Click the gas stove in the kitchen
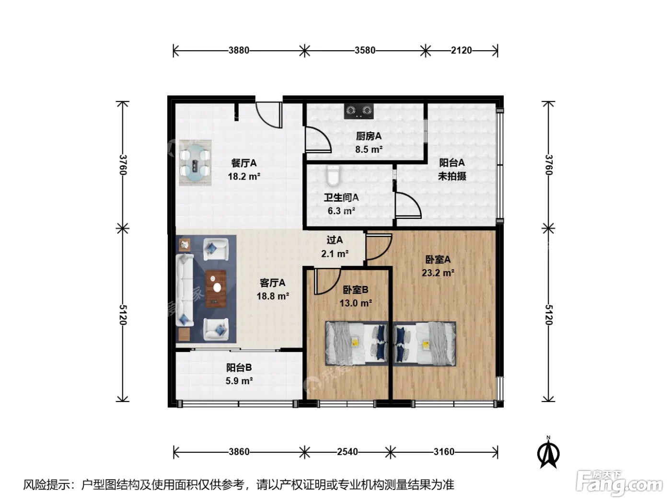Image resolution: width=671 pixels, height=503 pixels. pos(359,111)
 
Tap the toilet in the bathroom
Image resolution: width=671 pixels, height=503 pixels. pos(333,176)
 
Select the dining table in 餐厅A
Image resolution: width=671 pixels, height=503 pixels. pos(195,162)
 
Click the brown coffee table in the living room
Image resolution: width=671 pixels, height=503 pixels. pos(216,288)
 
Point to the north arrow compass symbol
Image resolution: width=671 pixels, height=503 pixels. pos(548,453)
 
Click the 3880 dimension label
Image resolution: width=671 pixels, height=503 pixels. pos(239,50)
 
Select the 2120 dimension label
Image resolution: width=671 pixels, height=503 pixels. pos(461,50)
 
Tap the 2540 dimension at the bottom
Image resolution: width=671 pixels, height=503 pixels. pos(347,452)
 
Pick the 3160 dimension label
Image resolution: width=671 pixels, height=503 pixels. pos(444,452)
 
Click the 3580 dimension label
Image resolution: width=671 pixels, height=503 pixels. pos(365,50)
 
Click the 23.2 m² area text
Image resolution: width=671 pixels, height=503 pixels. pos(438,273)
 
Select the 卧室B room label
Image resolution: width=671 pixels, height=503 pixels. pos(356,289)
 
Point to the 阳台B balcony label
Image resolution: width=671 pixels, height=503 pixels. pos(239,367)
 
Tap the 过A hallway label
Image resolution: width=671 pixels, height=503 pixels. pos(335,240)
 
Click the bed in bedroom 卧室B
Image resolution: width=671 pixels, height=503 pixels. pos(357,343)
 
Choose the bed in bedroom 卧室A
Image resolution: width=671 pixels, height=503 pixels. pos(424,343)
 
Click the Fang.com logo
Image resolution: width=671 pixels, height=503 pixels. pos(619,483)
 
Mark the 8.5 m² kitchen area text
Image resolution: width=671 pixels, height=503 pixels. pos(369,149)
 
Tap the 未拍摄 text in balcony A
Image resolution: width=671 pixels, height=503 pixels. pos(452,176)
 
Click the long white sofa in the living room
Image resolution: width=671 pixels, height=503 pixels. pos(185,290)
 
